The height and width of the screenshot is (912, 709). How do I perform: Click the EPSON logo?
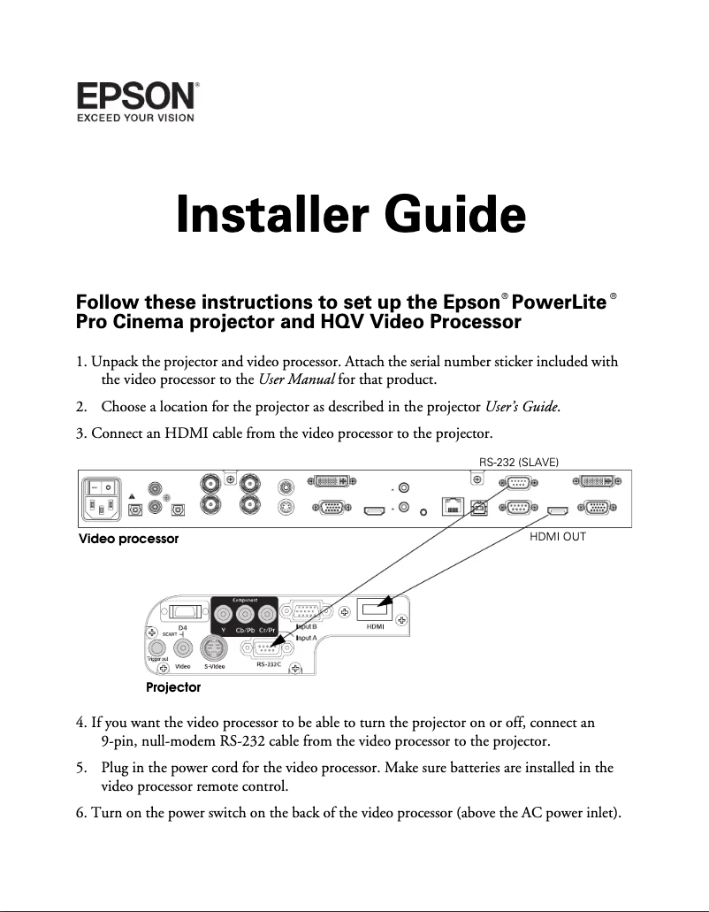pos(137,95)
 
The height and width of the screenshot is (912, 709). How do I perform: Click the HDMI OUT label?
pos(557,536)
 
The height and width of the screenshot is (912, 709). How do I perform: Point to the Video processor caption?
pos(129,539)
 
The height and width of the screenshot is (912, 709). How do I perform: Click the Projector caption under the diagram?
pos(173,687)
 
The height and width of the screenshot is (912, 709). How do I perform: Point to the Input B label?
pos(306,626)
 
